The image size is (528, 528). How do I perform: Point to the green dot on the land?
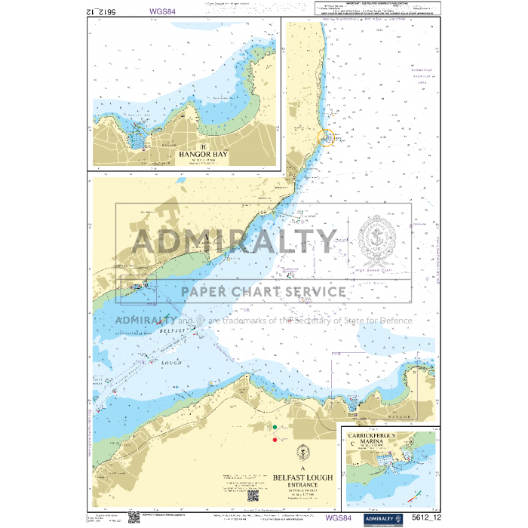click(275, 428)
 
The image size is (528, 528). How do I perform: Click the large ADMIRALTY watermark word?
click(234, 241)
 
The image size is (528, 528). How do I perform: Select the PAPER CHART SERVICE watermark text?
click(262, 292)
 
